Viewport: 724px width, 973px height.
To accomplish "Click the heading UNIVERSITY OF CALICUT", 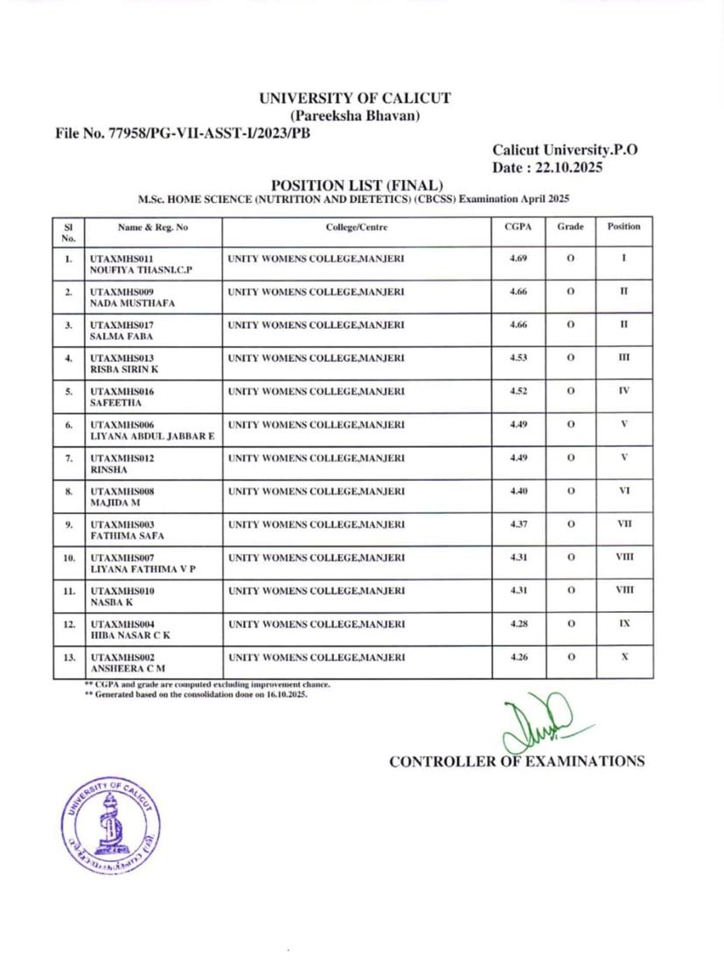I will (x=356, y=98).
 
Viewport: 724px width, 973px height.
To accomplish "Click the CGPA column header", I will (x=519, y=226).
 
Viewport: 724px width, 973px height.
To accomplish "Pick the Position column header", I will (x=623, y=226).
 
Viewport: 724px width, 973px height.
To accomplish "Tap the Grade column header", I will (x=570, y=226).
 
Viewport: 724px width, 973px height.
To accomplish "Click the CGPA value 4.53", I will (x=519, y=358).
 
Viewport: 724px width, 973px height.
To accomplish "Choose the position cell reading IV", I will (x=623, y=391).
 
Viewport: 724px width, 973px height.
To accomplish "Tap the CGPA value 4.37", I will (x=519, y=524).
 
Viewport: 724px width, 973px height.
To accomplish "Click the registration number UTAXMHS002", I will (x=122, y=657).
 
